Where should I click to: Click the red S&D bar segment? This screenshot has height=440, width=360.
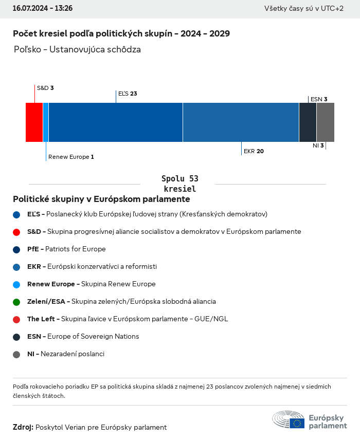click(x=34, y=122)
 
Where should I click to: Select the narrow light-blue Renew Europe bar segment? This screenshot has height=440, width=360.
click(x=46, y=122)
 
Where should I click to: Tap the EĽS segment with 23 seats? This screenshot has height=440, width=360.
click(x=116, y=122)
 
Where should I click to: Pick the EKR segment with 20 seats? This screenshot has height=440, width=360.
click(x=241, y=122)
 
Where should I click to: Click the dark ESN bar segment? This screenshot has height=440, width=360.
click(x=308, y=122)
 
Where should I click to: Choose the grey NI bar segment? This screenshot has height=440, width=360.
click(x=326, y=122)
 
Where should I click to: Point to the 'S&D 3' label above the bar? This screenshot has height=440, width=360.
click(x=45, y=88)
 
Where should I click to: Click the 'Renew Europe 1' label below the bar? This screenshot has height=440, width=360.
click(x=71, y=157)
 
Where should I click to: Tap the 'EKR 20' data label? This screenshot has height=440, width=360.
click(x=254, y=151)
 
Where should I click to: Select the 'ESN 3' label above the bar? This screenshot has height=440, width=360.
click(x=319, y=99)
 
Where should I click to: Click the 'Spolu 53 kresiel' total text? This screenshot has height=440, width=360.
click(x=179, y=184)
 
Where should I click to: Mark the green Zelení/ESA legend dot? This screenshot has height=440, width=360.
click(x=16, y=302)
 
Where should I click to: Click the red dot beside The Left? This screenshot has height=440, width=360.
click(x=16, y=319)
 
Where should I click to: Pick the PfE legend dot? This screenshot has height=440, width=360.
click(x=16, y=249)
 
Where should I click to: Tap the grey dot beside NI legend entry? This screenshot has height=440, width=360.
click(x=16, y=354)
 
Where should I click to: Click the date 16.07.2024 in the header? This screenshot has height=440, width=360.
click(x=30, y=8)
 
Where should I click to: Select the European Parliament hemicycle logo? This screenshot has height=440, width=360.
click(x=289, y=420)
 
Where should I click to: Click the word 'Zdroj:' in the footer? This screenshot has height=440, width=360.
click(x=23, y=427)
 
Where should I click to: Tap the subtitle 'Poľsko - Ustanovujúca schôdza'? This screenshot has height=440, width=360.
click(x=78, y=50)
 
